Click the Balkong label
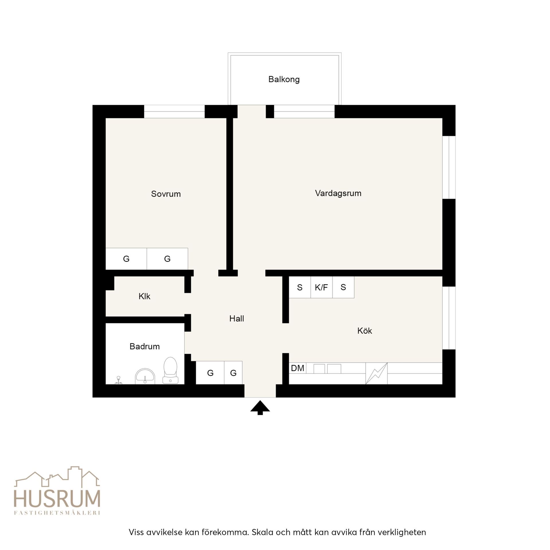[284, 79]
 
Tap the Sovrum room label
[166, 194]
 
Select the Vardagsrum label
[338, 193]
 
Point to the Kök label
[364, 331]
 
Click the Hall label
[237, 318]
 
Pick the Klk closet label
[144, 296]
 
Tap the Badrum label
[145, 346]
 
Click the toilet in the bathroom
[170, 370]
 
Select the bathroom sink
[145, 376]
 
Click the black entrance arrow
[260, 407]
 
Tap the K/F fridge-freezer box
[321, 287]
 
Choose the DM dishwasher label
[297, 368]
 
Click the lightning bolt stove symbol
[376, 373]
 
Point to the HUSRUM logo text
[57, 499]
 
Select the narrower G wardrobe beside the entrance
[233, 373]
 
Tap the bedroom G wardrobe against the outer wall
[126, 259]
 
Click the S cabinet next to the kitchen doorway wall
[300, 287]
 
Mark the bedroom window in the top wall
[174, 112]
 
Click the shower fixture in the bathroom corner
[118, 380]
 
